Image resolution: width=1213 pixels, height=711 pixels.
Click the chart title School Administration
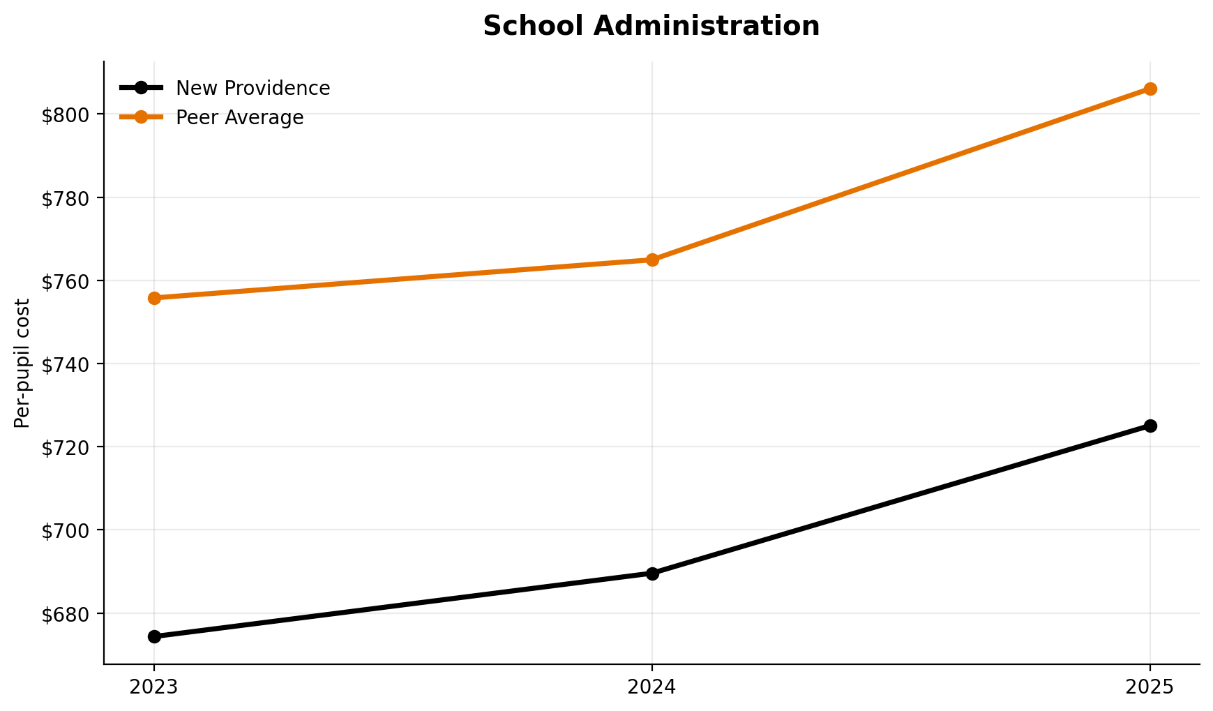[651, 27]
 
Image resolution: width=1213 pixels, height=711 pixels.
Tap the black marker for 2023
[154, 636]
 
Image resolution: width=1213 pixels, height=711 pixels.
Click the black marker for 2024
[652, 574]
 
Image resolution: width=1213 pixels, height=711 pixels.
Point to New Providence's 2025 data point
[1150, 426]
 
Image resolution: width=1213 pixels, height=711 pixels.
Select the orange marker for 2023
[154, 298]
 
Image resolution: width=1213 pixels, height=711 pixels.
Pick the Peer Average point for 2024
[652, 260]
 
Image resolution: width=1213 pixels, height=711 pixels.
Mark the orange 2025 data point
[1150, 89]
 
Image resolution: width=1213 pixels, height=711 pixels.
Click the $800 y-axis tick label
[67, 115]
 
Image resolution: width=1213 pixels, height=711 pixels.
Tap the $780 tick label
[67, 198]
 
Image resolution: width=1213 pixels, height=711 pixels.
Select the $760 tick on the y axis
[67, 281]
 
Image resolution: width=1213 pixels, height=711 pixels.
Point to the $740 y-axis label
[67, 364]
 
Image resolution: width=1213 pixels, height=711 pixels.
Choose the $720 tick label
[67, 447]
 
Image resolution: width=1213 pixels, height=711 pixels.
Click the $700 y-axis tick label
[67, 530]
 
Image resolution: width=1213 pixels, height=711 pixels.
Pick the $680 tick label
[67, 614]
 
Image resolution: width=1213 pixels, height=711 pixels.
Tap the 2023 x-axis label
[154, 687]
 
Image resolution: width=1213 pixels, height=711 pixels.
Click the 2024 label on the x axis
[652, 687]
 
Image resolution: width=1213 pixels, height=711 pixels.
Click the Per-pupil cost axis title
[23, 363]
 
